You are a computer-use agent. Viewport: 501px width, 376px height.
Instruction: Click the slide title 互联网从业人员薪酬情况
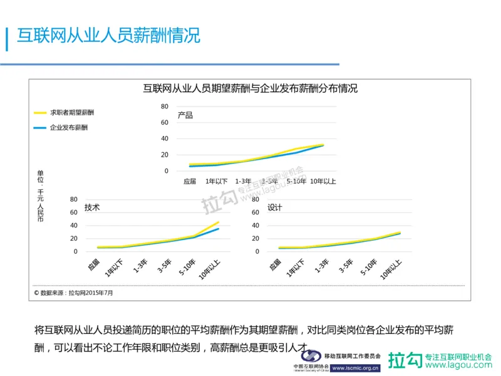(108, 35)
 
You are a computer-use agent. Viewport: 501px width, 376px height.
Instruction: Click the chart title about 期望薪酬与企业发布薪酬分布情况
(250, 88)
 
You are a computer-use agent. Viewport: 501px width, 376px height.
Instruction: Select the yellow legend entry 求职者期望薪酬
(68, 113)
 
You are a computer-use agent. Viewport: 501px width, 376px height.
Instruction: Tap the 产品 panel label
(185, 115)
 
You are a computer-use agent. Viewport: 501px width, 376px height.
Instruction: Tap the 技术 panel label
(92, 207)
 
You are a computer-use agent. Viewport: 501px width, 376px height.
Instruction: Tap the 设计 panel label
(275, 207)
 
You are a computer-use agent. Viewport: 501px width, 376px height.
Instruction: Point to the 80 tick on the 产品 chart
(165, 107)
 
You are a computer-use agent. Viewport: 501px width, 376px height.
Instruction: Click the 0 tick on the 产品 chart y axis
(167, 170)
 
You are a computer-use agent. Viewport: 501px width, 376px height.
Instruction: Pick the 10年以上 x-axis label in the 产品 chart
(324, 182)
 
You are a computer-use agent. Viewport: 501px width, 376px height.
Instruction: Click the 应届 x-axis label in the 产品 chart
(190, 182)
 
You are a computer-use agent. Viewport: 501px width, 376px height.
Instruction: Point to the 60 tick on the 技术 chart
(73, 213)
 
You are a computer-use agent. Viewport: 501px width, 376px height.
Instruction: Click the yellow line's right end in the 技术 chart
(219, 222)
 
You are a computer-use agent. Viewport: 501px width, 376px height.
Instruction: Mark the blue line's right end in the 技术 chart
(219, 229)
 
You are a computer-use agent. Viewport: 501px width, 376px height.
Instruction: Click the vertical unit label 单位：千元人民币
(41, 196)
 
